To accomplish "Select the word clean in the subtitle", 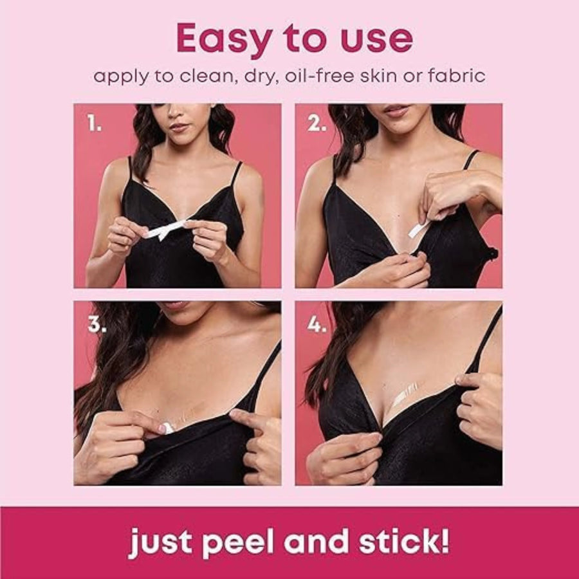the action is (x=208, y=76).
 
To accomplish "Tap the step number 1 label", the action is (x=94, y=123).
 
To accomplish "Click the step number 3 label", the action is (x=96, y=324).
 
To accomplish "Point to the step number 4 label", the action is (x=317, y=324).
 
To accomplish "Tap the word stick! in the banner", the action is (x=404, y=540).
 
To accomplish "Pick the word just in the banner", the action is (x=161, y=542).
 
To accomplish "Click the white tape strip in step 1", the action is (x=165, y=229).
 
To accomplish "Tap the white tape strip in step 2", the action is (x=418, y=228).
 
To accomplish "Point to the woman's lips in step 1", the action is (x=179, y=127).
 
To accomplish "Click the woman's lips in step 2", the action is (x=395, y=110).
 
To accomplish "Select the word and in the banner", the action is (x=316, y=540).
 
